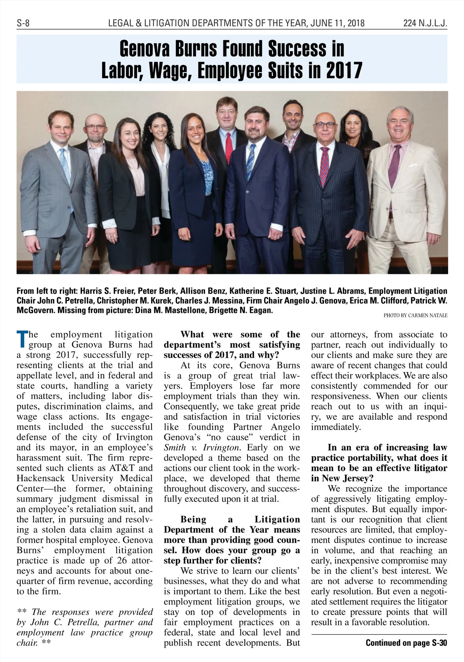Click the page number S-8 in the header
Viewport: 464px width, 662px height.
[x=23, y=24]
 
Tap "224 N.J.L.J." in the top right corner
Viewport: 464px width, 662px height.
[x=425, y=24]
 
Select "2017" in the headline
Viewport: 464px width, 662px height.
[x=344, y=70]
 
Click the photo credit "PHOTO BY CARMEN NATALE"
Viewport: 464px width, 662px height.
[x=415, y=316]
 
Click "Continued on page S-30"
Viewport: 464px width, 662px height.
[x=406, y=643]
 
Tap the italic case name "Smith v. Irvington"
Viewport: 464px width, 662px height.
[x=202, y=448]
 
